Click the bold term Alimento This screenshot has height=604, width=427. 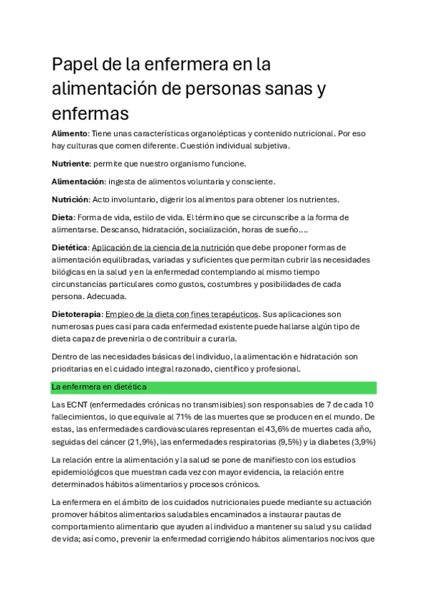(69, 133)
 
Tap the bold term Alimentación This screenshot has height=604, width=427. (80, 182)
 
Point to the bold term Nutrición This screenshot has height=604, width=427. (71, 199)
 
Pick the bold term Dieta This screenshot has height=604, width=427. (62, 217)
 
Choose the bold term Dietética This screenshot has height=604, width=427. (70, 248)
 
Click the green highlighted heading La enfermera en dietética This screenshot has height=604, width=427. (99, 387)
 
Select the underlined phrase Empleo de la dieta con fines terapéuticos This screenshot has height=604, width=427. (182, 314)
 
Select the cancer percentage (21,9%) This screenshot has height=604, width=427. (144, 442)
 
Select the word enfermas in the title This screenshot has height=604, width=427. (90, 113)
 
